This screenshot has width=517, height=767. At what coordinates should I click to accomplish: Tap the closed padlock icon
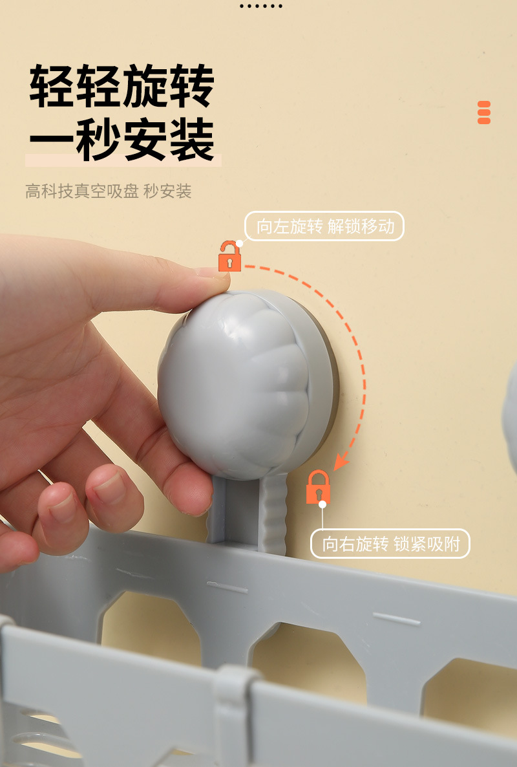(x=318, y=488)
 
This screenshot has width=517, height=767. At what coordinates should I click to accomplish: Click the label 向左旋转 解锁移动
(x=324, y=227)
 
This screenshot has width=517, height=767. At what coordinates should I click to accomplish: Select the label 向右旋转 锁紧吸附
(x=390, y=544)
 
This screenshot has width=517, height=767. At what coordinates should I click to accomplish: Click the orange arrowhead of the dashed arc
(x=341, y=462)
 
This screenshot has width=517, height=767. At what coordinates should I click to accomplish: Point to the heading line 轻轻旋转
(x=121, y=86)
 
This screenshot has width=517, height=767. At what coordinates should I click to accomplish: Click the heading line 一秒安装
(x=121, y=139)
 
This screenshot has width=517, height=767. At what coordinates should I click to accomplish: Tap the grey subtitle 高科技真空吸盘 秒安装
(x=109, y=191)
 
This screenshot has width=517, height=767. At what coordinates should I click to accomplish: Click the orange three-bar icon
(x=484, y=113)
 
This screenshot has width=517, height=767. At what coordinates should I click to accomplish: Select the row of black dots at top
(x=260, y=6)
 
